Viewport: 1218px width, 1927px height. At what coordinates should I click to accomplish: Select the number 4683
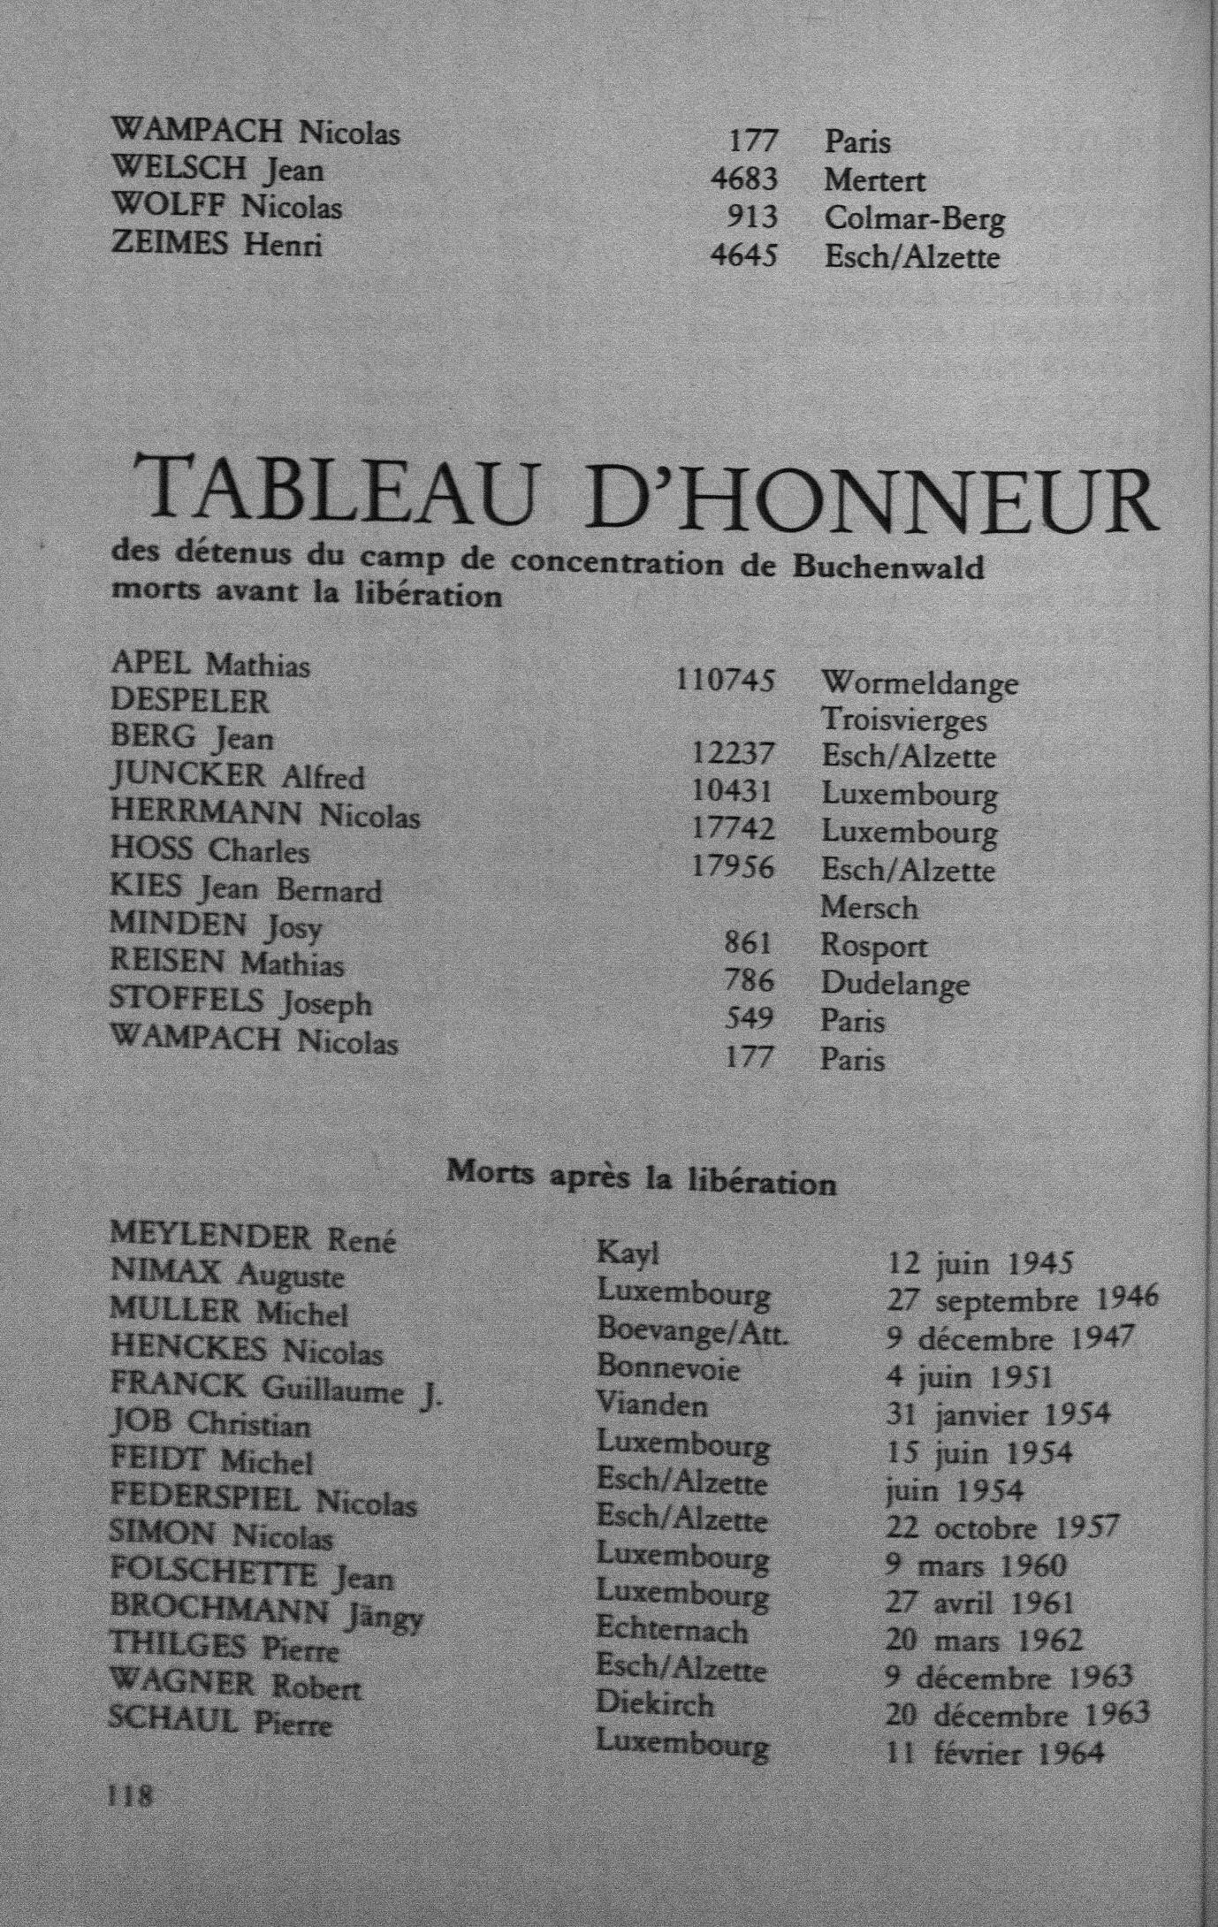click(x=744, y=180)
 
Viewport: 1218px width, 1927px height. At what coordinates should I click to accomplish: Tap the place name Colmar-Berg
click(x=914, y=218)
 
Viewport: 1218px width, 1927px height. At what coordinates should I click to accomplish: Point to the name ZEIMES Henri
click(x=217, y=243)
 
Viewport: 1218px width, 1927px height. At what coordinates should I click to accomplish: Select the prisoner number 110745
click(x=725, y=681)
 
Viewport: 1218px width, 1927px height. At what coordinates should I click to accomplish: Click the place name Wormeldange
click(x=919, y=683)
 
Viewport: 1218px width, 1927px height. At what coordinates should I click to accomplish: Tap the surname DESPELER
click(x=189, y=701)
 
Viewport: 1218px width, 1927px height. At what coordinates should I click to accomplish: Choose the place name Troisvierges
click(x=903, y=720)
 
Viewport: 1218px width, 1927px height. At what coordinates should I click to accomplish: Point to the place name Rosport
click(x=873, y=946)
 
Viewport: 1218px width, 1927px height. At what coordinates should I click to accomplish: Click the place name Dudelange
click(x=894, y=984)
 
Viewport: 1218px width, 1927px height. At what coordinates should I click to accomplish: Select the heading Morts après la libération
click(x=642, y=1178)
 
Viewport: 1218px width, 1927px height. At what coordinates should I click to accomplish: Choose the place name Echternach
click(x=672, y=1631)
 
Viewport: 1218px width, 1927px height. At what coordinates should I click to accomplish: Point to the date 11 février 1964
click(x=995, y=1752)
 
